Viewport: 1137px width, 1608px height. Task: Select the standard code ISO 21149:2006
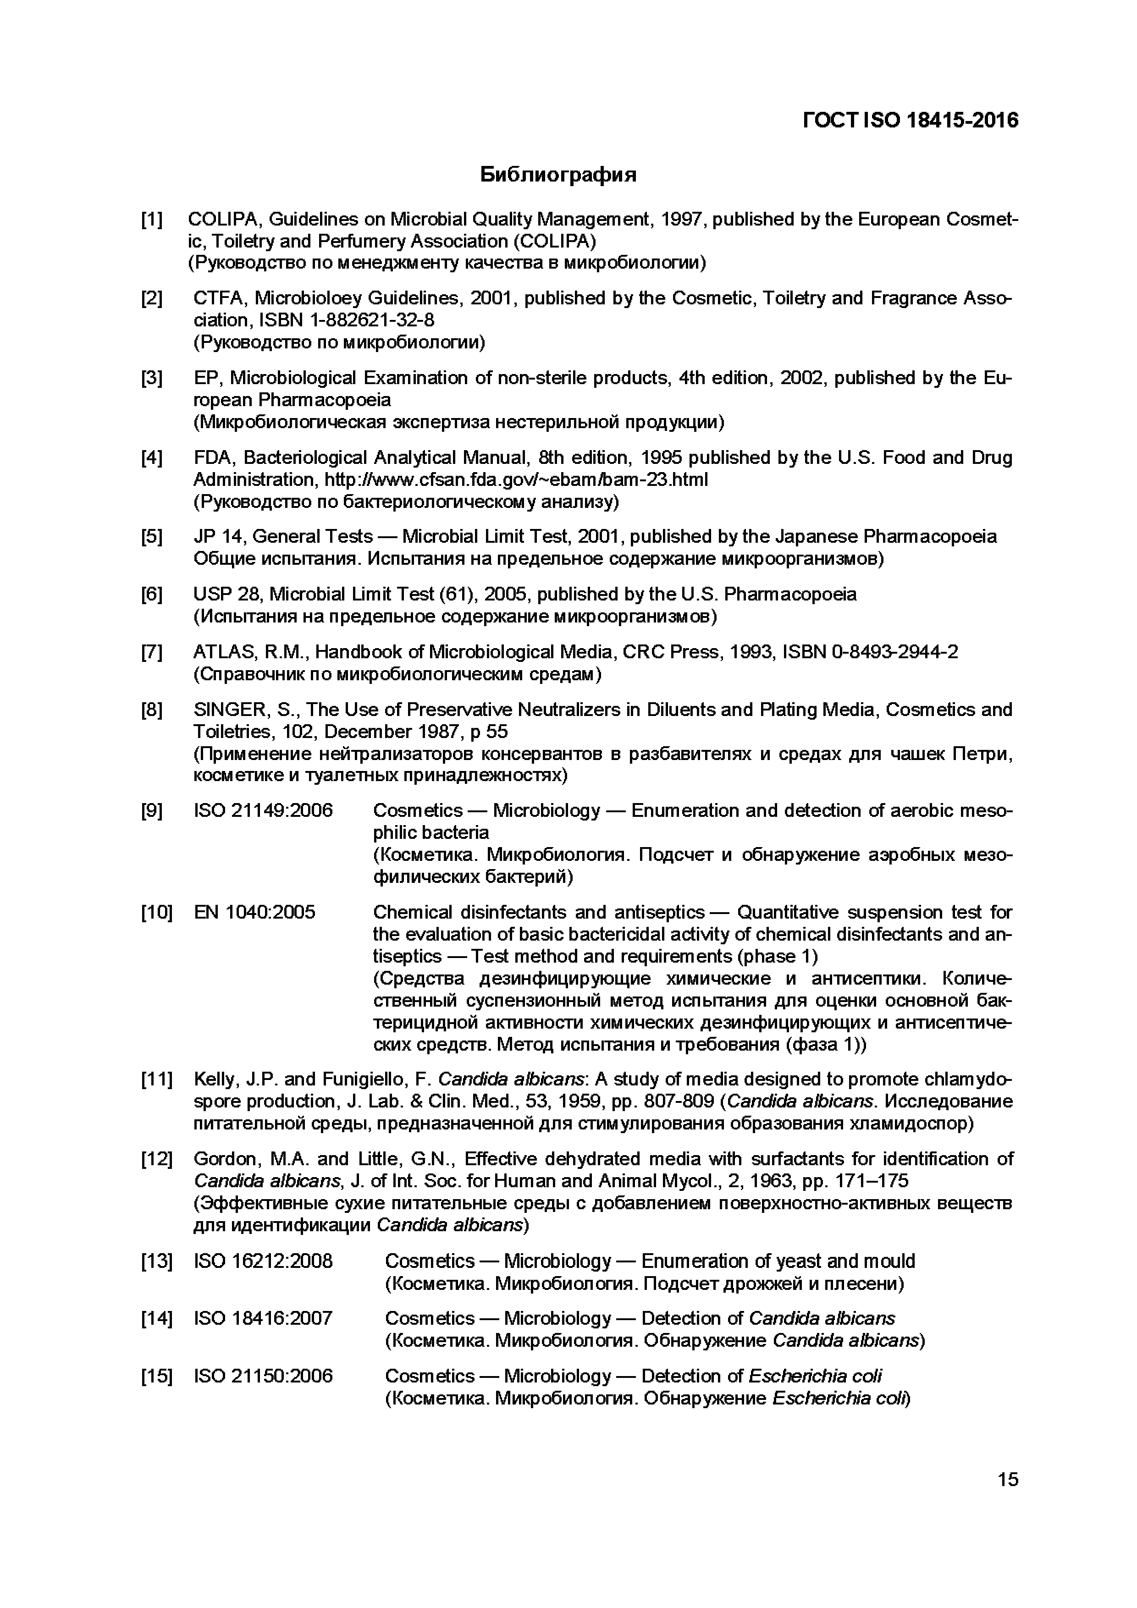coord(263,811)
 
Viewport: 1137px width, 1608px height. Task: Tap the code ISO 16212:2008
coord(263,1261)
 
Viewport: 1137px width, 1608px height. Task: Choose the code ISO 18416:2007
coord(263,1319)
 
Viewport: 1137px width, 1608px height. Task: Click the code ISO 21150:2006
coord(263,1376)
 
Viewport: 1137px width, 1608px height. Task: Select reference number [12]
coord(155,1159)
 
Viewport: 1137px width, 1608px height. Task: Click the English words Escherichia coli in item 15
coord(815,1376)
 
